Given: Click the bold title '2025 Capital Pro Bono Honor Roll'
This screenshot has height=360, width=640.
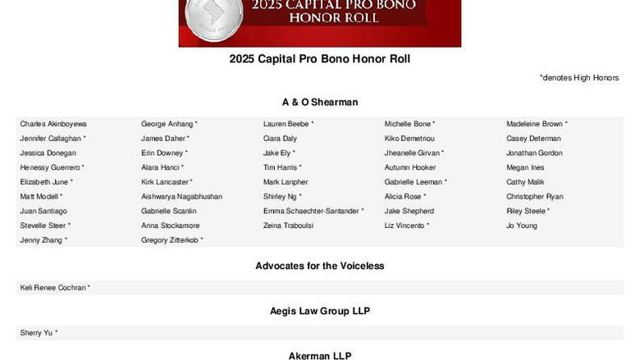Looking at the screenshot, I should (x=320, y=59).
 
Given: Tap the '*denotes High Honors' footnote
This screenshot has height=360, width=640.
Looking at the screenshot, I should (x=578, y=78).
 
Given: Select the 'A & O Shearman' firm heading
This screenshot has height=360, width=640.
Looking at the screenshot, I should (x=320, y=103).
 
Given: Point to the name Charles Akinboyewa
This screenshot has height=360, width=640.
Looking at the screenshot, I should (x=53, y=124).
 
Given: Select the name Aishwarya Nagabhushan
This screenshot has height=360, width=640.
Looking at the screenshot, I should (x=181, y=197).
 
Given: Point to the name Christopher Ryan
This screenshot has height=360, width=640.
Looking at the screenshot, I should (x=535, y=197).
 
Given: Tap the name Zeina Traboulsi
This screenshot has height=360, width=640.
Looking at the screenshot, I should (x=288, y=226).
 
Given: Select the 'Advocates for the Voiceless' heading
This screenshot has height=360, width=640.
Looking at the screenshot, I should (x=320, y=267).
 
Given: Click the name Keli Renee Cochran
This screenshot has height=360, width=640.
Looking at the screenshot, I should (x=53, y=288).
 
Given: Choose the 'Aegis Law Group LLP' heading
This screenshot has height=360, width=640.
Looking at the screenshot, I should (x=320, y=312).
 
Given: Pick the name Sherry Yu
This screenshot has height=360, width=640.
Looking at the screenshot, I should (x=37, y=333).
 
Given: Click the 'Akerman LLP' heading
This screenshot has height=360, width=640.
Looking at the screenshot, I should (x=320, y=356).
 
